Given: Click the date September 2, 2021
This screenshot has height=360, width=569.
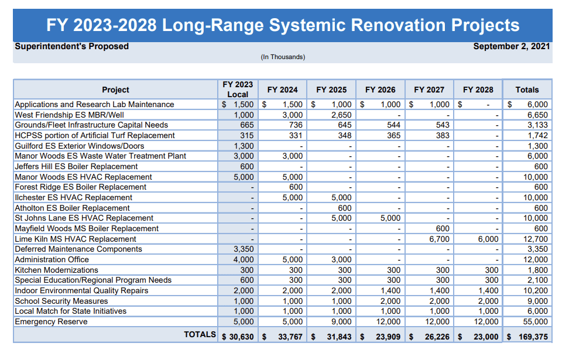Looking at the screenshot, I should pyautogui.click(x=512, y=46).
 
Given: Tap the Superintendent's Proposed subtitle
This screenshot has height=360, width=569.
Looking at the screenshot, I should pyautogui.click(x=71, y=46).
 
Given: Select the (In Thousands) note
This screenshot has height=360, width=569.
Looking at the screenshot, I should pyautogui.click(x=283, y=57).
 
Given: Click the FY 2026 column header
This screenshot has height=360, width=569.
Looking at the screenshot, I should pyautogui.click(x=380, y=90).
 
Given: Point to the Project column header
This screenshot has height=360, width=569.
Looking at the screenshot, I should pyautogui.click(x=115, y=90).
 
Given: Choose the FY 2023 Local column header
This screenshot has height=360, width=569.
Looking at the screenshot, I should pyautogui.click(x=238, y=90).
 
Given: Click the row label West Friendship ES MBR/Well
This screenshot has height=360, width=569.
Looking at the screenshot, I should pyautogui.click(x=69, y=115).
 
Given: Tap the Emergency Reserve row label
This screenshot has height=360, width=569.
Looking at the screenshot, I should pyautogui.click(x=51, y=321).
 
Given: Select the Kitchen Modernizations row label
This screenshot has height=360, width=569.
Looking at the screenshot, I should pyautogui.click(x=56, y=270).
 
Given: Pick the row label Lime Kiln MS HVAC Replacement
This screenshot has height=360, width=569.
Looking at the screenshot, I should pyautogui.click(x=75, y=239).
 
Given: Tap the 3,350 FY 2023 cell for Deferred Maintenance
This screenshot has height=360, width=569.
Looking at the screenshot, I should pyautogui.click(x=243, y=249).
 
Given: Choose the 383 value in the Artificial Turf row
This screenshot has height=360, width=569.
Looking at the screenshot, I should pyautogui.click(x=442, y=135).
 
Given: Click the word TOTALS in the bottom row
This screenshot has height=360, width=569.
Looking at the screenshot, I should pyautogui.click(x=200, y=334).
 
